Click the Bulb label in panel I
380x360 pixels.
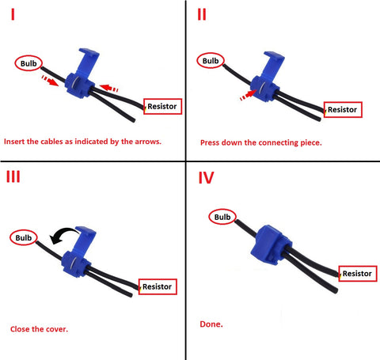click(x=28, y=63)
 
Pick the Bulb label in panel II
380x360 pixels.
click(x=212, y=61)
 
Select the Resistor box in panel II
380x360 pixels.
click(x=343, y=109)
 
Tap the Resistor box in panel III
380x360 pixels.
click(x=158, y=286)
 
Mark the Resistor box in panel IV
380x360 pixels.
click(x=356, y=273)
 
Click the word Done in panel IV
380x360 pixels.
click(x=212, y=324)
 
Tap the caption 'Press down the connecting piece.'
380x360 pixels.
click(x=260, y=142)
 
